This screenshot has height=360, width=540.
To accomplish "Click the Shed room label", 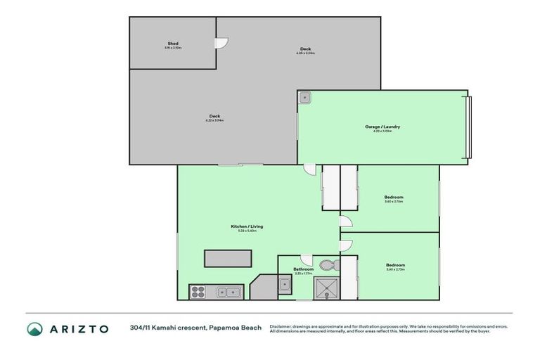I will (x=172, y=44).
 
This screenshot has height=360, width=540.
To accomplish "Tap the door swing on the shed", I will (x=222, y=42).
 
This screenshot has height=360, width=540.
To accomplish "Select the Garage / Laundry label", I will (x=382, y=127).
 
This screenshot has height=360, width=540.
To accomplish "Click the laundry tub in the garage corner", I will (x=305, y=98).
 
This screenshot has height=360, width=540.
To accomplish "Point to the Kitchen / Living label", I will (x=247, y=226).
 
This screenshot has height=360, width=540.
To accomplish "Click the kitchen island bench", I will (x=227, y=258).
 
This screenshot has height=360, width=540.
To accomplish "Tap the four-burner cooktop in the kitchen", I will (x=198, y=291).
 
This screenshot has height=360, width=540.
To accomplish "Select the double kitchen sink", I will (x=229, y=291).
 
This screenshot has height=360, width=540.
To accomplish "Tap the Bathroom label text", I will (x=303, y=269).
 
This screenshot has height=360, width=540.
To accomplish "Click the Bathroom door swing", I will (x=306, y=259).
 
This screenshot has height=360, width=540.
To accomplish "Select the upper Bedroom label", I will (x=394, y=197).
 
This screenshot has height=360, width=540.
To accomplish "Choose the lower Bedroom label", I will (x=395, y=265).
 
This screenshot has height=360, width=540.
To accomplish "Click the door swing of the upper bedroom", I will (x=345, y=221).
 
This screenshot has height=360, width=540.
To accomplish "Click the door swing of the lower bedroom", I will (x=345, y=245).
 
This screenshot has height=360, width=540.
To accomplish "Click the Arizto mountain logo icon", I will (x=34, y=328).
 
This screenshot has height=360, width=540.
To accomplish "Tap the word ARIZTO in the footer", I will (x=79, y=328).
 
